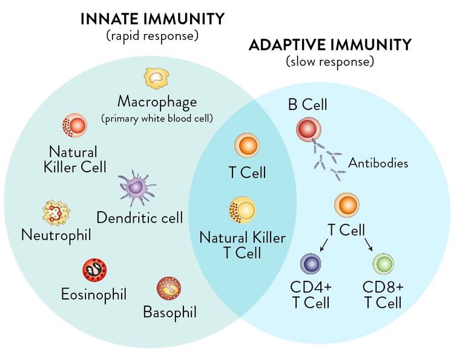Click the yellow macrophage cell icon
point(156,79)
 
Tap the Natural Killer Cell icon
point(75,126)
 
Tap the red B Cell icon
point(309,129)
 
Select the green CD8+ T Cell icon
point(383,264)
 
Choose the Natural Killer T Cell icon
point(243,210)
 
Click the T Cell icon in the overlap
point(247,146)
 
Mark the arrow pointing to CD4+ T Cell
point(324,245)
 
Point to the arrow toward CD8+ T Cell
point(369,245)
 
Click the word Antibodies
point(378,163)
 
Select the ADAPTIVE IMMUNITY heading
point(331,45)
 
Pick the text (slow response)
point(331,62)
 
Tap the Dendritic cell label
point(139,217)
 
